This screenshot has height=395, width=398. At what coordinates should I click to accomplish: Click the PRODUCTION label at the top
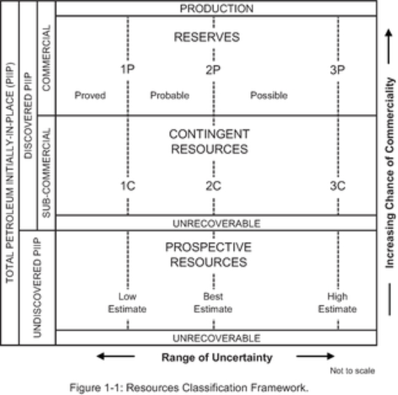tap(216, 9)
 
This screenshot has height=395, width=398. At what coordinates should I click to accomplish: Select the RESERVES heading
tap(206, 37)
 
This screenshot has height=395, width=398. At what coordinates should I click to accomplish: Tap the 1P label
tap(127, 70)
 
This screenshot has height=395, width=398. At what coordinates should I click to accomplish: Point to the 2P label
tap(213, 70)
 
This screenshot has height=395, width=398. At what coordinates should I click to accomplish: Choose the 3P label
tap(337, 70)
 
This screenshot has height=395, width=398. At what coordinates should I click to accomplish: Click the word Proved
tap(90, 95)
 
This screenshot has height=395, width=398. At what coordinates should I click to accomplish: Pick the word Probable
tap(170, 95)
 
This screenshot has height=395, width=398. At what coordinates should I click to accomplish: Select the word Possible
tap(268, 95)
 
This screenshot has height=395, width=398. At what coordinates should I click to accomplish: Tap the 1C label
tap(127, 186)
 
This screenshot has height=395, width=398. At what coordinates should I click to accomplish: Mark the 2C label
tap(213, 186)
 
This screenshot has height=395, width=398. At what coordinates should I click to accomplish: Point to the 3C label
tap(337, 186)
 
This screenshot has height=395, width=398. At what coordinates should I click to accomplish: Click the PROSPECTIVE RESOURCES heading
tap(208, 255)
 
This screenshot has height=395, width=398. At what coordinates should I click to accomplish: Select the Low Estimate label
tap(127, 303)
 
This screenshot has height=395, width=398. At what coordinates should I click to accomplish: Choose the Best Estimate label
tap(213, 303)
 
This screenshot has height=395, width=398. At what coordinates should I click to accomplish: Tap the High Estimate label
tap(337, 303)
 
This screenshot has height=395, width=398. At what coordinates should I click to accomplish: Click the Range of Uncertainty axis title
tap(217, 357)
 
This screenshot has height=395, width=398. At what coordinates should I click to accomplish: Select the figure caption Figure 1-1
tap(188, 387)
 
